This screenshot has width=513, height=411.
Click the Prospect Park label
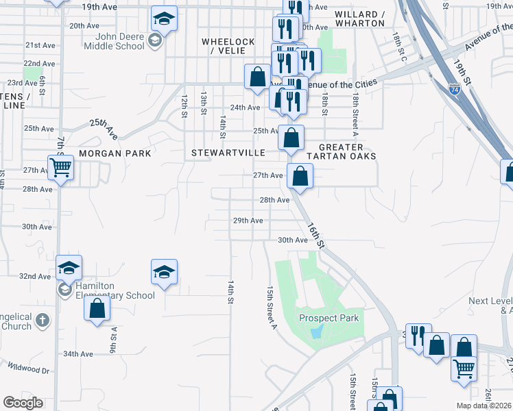click(329, 318)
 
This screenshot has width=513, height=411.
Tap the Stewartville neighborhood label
click(222, 153)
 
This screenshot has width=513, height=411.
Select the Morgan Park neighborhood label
click(115, 153)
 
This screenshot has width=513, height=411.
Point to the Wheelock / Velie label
click(228, 46)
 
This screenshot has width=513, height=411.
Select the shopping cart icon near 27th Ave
click(61, 166)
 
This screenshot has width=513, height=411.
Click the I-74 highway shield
click(455, 89)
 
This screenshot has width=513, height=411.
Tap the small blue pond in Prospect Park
click(315, 332)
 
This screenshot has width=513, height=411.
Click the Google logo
click(23, 403)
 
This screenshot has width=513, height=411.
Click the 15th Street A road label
click(271, 307)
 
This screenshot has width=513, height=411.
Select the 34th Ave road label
click(78, 353)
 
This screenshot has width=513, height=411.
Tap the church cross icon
click(43, 320)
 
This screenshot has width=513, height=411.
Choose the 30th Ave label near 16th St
click(293, 240)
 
